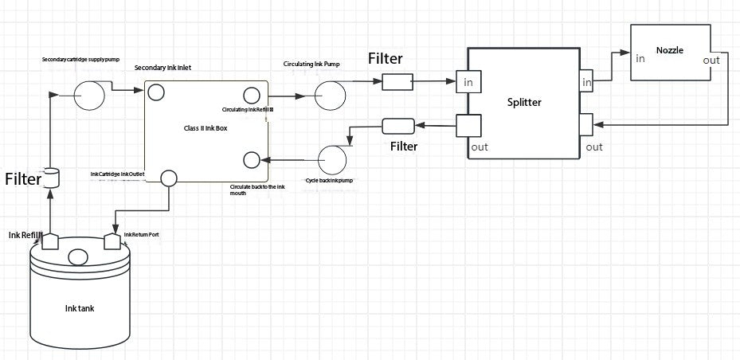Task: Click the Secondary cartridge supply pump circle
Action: click(89, 96)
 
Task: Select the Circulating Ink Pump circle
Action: click(330, 96)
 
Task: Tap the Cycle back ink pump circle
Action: click(332, 159)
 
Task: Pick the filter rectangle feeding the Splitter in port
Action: click(397, 81)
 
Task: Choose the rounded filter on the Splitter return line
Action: click(397, 126)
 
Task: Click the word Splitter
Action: click(524, 103)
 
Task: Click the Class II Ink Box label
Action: click(205, 127)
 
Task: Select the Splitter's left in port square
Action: click(468, 83)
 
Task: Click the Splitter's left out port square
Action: click(468, 126)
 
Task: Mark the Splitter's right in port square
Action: click(586, 82)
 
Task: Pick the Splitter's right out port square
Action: click(586, 126)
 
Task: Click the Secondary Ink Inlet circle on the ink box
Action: click(156, 92)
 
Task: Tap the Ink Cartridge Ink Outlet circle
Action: click(169, 178)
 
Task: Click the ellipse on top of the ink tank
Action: click(78, 257)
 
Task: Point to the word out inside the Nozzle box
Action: click(711, 61)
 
